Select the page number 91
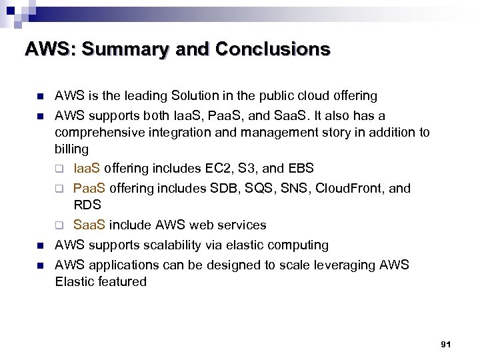(446, 344)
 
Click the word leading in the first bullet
(147, 96)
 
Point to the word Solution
(195, 96)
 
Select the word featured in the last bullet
(121, 282)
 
